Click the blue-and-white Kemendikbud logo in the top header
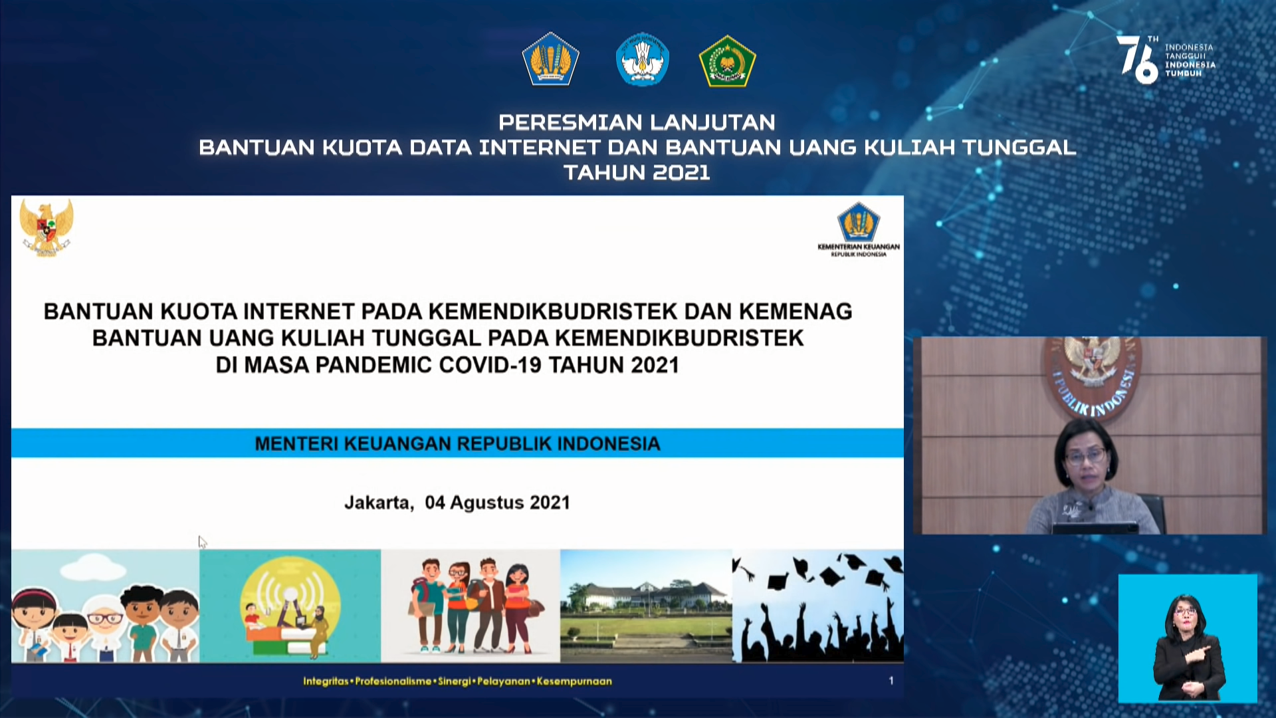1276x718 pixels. click(642, 59)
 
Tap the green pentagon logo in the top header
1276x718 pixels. click(728, 60)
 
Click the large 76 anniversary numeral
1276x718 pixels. click(1137, 60)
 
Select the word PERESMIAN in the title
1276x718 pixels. click(571, 122)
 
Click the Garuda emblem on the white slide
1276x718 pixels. click(47, 227)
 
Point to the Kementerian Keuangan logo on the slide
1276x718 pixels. click(859, 229)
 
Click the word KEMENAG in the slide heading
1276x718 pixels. click(796, 311)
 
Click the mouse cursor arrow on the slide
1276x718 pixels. click(202, 542)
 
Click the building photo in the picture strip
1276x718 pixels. click(646, 606)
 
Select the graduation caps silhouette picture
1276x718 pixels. click(818, 606)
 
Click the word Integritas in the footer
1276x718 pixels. click(326, 681)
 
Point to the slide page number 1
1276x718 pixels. click(891, 681)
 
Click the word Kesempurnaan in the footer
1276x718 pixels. click(574, 681)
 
